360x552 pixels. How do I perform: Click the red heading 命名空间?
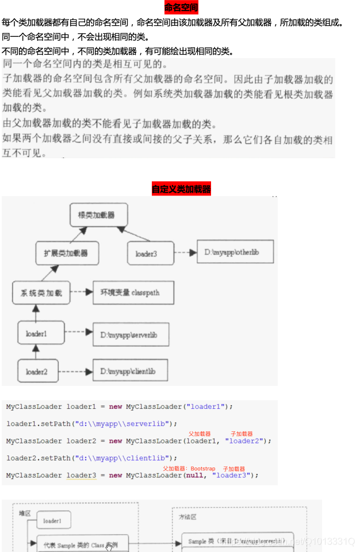[181, 7]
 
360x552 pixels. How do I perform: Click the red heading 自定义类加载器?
[181, 189]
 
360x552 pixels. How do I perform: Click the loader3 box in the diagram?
[146, 253]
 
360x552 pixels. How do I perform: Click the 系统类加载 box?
[41, 293]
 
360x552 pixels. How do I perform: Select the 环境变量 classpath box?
[129, 293]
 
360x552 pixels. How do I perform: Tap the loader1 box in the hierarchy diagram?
[36, 333]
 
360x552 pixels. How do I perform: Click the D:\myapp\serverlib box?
[131, 333]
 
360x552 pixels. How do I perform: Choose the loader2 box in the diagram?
[36, 371]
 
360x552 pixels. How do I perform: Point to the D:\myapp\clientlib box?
[131, 371]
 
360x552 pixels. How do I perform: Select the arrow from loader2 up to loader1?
[36, 351]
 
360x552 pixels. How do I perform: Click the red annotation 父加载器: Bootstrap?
[189, 469]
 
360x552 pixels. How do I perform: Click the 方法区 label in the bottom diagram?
[187, 517]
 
